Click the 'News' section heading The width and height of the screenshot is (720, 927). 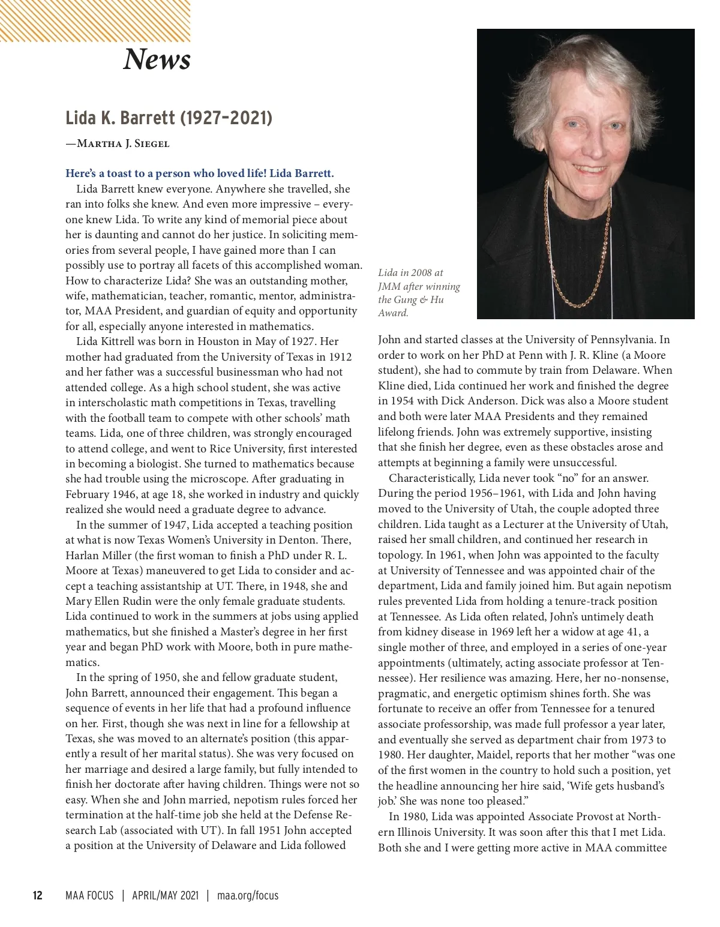[x=157, y=59]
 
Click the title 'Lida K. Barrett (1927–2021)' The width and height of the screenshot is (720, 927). [x=169, y=118]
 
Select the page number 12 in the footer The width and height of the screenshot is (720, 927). [x=37, y=895]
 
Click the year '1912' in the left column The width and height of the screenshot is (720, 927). [x=340, y=357]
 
